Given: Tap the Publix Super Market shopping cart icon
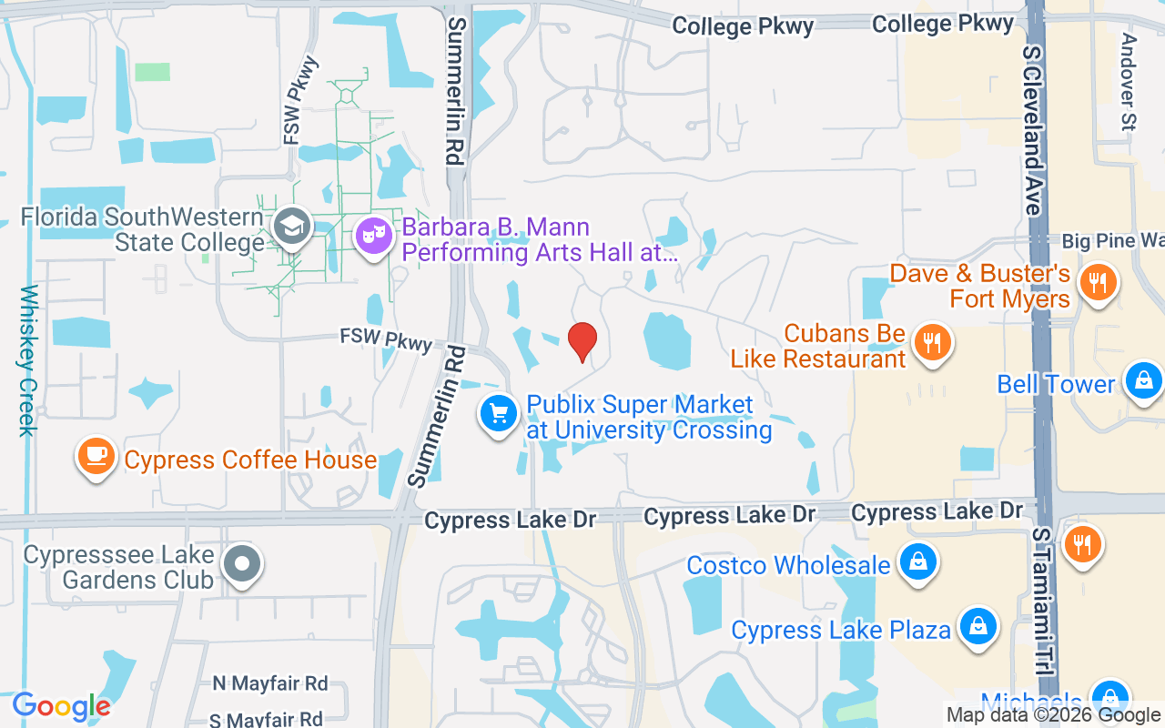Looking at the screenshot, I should click(x=499, y=415).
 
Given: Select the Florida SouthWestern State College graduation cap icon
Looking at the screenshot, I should click(x=292, y=227).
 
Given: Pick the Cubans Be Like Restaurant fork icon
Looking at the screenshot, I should click(x=931, y=343).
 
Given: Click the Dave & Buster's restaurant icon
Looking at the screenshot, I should click(x=1099, y=282).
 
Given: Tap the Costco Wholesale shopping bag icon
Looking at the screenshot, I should click(x=918, y=562).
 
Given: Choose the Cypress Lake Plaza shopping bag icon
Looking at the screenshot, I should click(x=978, y=627).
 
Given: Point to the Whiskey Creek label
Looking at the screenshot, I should click(x=28, y=360).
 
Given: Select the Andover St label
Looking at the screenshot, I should click(x=1130, y=82).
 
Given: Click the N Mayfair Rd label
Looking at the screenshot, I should click(x=269, y=682).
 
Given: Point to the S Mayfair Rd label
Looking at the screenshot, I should click(x=266, y=719).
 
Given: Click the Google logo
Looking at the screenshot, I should click(x=61, y=705).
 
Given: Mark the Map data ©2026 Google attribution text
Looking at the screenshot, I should click(x=1054, y=715).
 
